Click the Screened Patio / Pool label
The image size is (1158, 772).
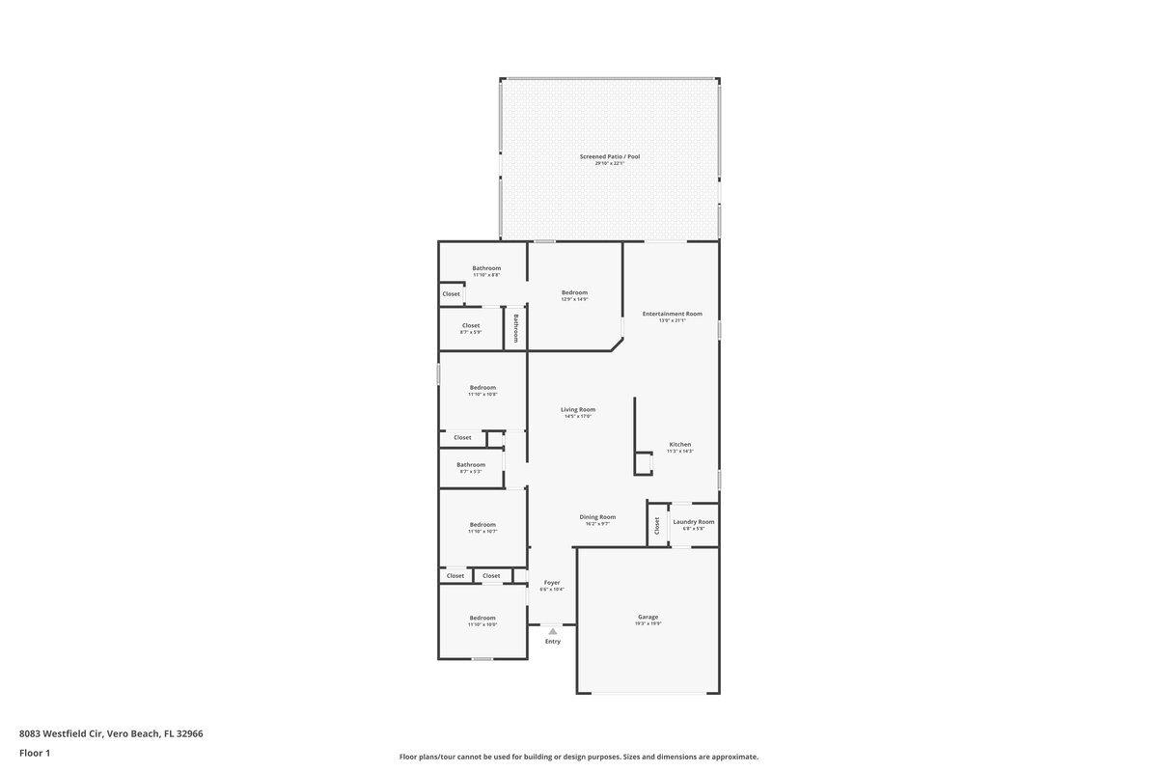point(609,157)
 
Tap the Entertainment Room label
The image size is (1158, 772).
point(672,315)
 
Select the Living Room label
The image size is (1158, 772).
point(578,410)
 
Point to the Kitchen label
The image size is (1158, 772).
point(679,446)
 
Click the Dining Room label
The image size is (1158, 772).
point(597,518)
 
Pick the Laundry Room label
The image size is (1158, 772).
point(694,523)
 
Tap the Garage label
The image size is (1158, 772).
point(648,618)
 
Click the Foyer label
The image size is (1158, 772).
point(552,584)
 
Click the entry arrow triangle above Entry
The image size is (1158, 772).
point(553,631)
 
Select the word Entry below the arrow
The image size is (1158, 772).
point(553,642)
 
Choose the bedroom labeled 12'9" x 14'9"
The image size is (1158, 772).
point(574,293)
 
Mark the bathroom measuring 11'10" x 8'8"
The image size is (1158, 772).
point(486,269)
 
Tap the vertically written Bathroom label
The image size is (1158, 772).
point(516,328)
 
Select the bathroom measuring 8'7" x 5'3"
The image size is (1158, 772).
point(471,466)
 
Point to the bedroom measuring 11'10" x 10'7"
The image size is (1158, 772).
point(482,526)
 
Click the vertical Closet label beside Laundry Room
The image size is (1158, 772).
point(657,526)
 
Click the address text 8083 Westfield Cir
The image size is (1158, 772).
point(111,733)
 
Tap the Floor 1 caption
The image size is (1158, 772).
point(35,753)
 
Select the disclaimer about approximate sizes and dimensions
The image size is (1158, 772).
point(579,757)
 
